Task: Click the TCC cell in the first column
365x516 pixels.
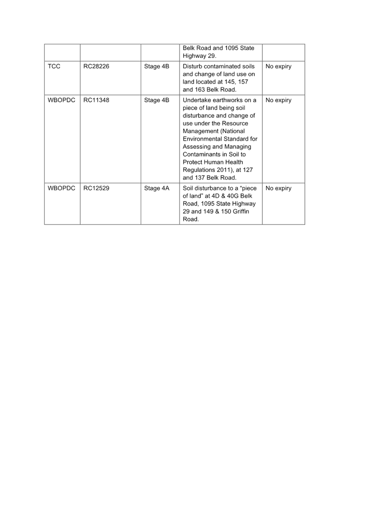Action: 54,67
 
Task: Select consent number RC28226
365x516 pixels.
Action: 96,67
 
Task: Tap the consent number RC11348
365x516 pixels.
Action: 96,100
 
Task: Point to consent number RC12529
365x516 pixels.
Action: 96,188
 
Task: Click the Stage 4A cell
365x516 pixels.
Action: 156,188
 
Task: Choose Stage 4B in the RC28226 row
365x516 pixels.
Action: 156,67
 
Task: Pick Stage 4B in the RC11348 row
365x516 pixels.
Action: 156,100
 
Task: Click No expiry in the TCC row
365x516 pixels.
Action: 278,67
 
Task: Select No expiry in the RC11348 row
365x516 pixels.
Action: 278,100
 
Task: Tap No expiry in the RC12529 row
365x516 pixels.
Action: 278,188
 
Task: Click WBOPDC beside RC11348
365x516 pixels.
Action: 62,100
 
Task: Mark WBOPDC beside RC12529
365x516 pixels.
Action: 62,188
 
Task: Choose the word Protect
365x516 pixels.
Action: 193,162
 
